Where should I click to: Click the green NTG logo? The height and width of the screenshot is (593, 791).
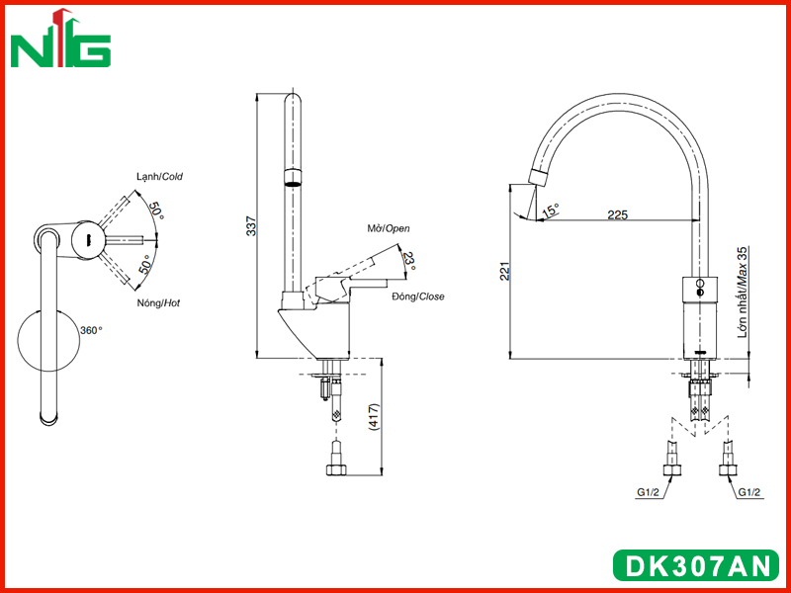[x=60, y=39]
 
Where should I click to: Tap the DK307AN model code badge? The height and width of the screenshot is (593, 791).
[x=696, y=564]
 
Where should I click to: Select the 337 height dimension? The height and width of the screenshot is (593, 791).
[x=252, y=226]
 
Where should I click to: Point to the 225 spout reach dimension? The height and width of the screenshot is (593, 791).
[x=617, y=214]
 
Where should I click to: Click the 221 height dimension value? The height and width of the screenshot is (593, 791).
[x=505, y=271]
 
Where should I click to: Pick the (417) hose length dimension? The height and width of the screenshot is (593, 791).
[x=374, y=416]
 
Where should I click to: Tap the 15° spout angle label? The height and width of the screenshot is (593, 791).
[x=551, y=211]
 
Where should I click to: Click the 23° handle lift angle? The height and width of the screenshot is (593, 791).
[x=410, y=261]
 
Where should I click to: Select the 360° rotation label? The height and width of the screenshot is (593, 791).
[x=91, y=330]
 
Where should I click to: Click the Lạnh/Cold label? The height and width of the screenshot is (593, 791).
[x=159, y=177]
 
